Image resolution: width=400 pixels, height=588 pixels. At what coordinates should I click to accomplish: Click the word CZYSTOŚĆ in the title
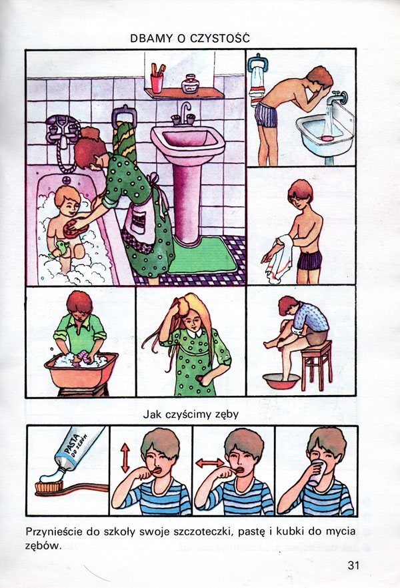(220, 37)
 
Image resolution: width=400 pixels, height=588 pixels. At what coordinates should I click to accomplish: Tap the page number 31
(353, 565)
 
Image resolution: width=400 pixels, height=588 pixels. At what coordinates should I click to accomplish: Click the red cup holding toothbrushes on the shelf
(157, 83)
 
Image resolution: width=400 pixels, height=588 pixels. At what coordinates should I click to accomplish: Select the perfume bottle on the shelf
(190, 83)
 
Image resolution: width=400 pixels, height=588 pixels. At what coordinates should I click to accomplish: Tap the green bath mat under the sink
(201, 255)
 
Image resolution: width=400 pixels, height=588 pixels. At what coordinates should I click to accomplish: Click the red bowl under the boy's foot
(281, 380)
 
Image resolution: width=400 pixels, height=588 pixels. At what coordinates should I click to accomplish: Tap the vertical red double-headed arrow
(125, 458)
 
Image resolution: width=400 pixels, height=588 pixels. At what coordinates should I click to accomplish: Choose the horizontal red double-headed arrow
(210, 463)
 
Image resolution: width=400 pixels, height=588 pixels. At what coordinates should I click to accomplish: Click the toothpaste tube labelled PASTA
(77, 449)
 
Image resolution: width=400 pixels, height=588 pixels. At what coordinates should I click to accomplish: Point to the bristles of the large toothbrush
(49, 487)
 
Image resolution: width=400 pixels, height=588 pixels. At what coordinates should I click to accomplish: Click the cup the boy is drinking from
(317, 473)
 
